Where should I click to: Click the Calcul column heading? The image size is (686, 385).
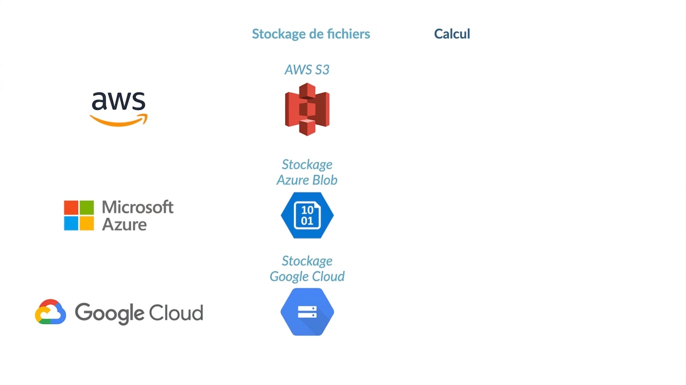[x=452, y=34]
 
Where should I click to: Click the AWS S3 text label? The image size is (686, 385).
[x=307, y=70]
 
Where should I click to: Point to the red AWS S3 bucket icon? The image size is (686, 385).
[x=307, y=109]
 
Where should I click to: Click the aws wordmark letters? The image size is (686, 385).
[x=119, y=101]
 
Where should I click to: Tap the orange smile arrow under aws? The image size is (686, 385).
[x=119, y=120]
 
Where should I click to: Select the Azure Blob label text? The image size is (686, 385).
[x=307, y=180]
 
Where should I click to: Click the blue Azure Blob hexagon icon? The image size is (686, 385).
[x=307, y=215]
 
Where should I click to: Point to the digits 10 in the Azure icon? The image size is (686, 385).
[x=307, y=210]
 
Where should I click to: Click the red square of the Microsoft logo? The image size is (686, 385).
[x=71, y=208]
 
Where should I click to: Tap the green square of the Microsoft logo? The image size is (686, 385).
[x=87, y=208]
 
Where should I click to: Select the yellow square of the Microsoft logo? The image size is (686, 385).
[x=87, y=224]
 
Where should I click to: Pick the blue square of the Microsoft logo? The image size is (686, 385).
[x=71, y=224]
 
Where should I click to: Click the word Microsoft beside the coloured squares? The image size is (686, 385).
[x=138, y=207]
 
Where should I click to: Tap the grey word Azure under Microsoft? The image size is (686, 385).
[x=124, y=225]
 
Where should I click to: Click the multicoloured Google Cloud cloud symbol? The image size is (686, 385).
[x=51, y=312]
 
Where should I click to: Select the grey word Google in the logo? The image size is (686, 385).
[x=109, y=313]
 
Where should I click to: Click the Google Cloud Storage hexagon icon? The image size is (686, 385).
[x=307, y=312]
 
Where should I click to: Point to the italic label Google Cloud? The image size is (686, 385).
[x=307, y=277]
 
